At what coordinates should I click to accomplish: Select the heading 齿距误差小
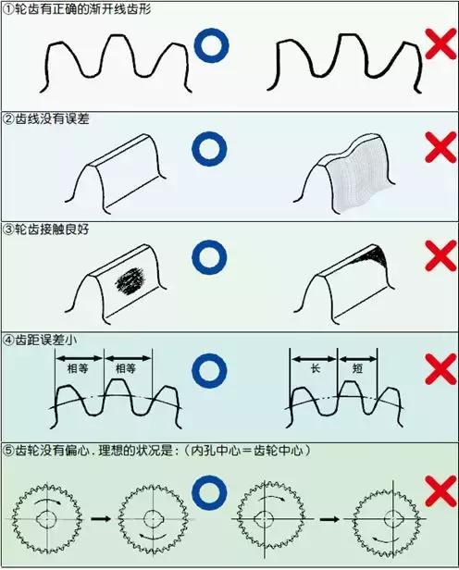tap(48, 340)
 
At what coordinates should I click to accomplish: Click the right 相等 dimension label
tap(127, 367)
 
